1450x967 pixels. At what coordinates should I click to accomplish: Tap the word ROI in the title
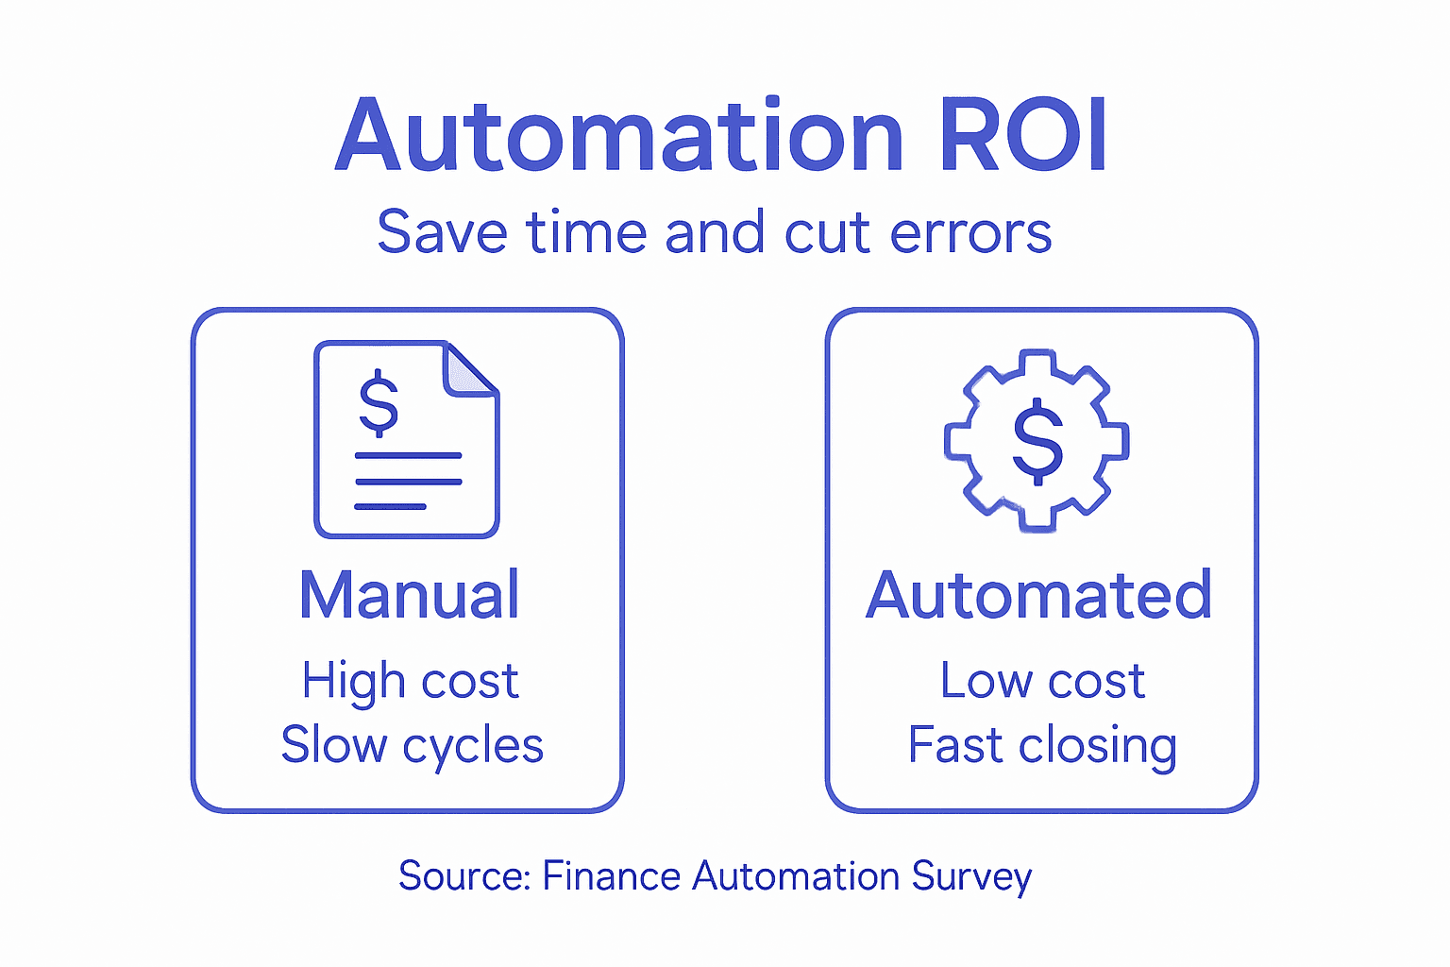(x=1022, y=137)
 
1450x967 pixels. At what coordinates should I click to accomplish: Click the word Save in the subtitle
(x=442, y=232)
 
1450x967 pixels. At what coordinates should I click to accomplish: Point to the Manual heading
(x=409, y=595)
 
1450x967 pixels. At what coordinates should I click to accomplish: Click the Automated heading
(x=1038, y=595)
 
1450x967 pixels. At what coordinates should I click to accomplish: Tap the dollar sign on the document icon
(x=379, y=402)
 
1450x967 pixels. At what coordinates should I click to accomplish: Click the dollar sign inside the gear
(x=1037, y=441)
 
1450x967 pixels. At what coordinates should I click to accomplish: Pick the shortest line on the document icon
(x=390, y=507)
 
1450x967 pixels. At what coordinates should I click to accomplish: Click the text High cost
(x=410, y=682)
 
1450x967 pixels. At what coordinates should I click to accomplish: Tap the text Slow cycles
(x=412, y=746)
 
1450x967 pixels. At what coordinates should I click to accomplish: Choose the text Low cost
(x=1042, y=681)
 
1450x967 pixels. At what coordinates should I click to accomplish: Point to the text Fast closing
(x=1042, y=746)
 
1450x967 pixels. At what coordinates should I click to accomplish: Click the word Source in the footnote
(x=463, y=876)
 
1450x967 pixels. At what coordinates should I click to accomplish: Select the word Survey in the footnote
(x=971, y=877)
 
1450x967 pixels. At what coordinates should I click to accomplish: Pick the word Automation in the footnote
(x=796, y=876)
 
